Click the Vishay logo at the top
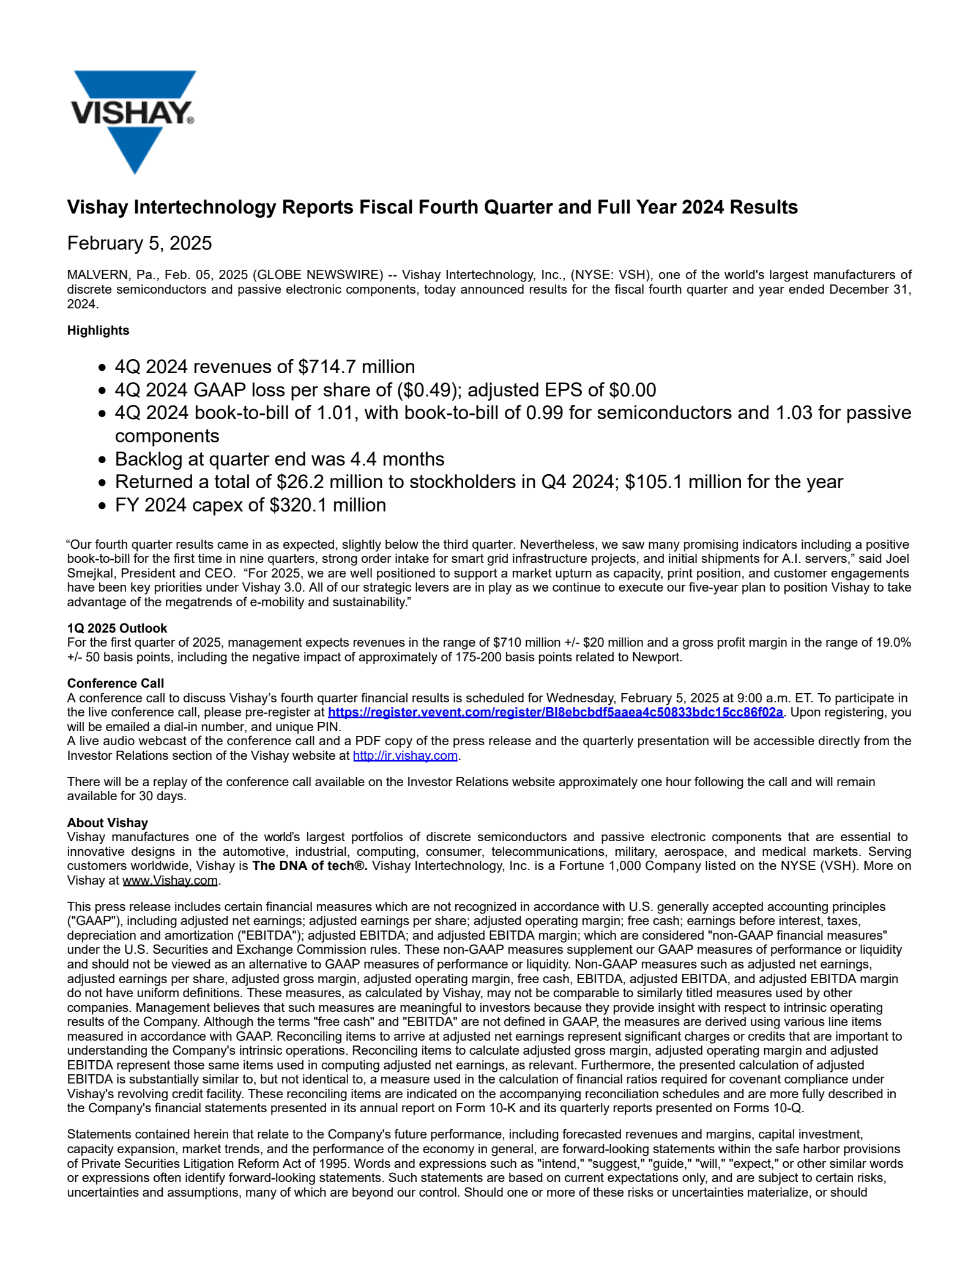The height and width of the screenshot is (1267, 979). point(133,121)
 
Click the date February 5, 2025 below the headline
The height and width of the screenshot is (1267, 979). point(140,243)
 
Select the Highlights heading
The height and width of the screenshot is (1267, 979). point(98,330)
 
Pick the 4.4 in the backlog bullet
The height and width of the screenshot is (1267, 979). point(362,459)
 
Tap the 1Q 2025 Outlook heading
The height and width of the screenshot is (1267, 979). point(117,628)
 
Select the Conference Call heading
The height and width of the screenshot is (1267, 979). point(116,683)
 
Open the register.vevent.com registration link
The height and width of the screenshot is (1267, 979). point(555,713)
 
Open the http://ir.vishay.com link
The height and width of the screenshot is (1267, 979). point(405,756)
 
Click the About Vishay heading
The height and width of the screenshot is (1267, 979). point(108,823)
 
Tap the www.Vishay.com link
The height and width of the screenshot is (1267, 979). point(170,881)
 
